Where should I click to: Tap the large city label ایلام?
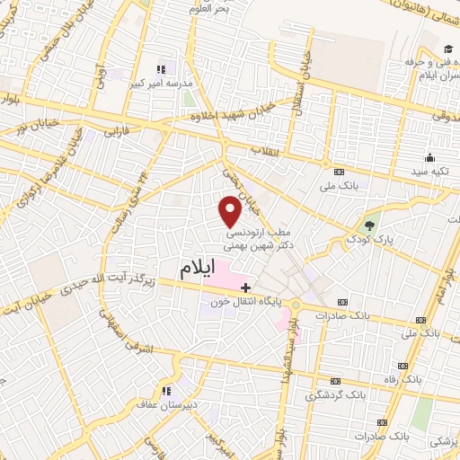click(197, 269)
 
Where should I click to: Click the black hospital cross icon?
click(245, 287)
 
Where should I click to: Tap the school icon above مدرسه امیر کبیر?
click(162, 68)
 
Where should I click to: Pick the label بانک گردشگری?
click(337, 394)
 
